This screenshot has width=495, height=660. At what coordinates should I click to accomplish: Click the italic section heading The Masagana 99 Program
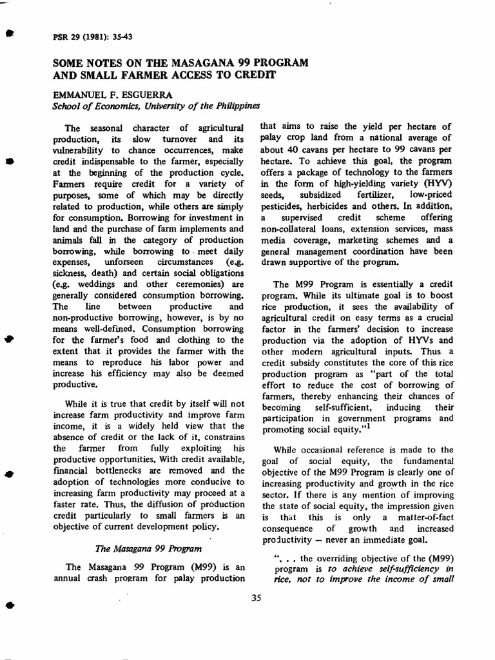pyautogui.click(x=138, y=548)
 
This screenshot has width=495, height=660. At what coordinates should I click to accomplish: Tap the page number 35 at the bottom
pyautogui.click(x=256, y=597)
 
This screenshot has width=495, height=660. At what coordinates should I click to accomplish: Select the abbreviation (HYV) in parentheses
pyautogui.click(x=436, y=183)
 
